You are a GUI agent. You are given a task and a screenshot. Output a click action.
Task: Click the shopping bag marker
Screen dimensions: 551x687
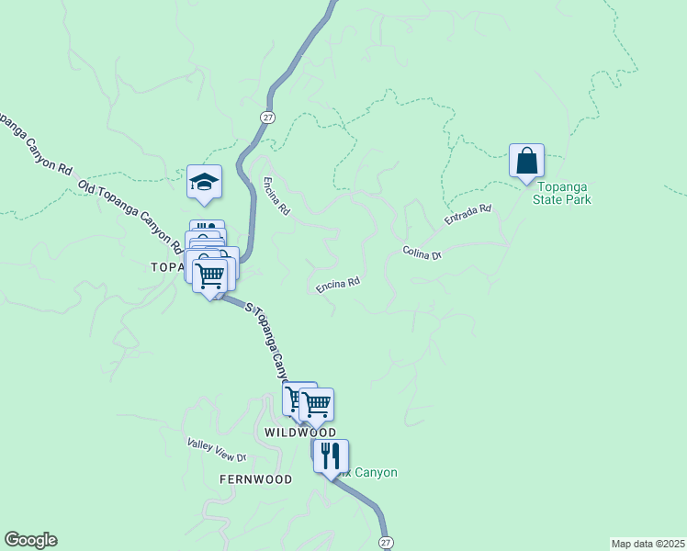click(x=527, y=161)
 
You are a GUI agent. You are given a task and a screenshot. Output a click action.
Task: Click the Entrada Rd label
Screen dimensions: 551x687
click(x=468, y=215)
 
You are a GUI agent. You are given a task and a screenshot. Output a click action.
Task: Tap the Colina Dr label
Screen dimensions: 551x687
click(x=422, y=253)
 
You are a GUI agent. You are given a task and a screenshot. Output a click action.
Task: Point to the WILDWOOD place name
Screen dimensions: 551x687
click(x=299, y=432)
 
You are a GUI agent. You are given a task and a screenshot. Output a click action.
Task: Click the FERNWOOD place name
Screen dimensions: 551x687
click(x=255, y=479)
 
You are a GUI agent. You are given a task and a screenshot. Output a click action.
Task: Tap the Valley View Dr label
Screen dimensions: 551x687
click(x=217, y=450)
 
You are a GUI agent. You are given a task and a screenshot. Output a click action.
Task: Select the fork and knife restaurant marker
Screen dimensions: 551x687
click(x=331, y=455)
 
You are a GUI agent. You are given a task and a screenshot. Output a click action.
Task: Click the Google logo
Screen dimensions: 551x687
click(x=30, y=540)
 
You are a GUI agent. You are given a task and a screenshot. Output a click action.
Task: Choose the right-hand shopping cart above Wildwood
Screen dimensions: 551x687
click(x=316, y=404)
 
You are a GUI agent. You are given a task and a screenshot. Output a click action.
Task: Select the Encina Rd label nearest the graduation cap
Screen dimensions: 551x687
click(x=276, y=196)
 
